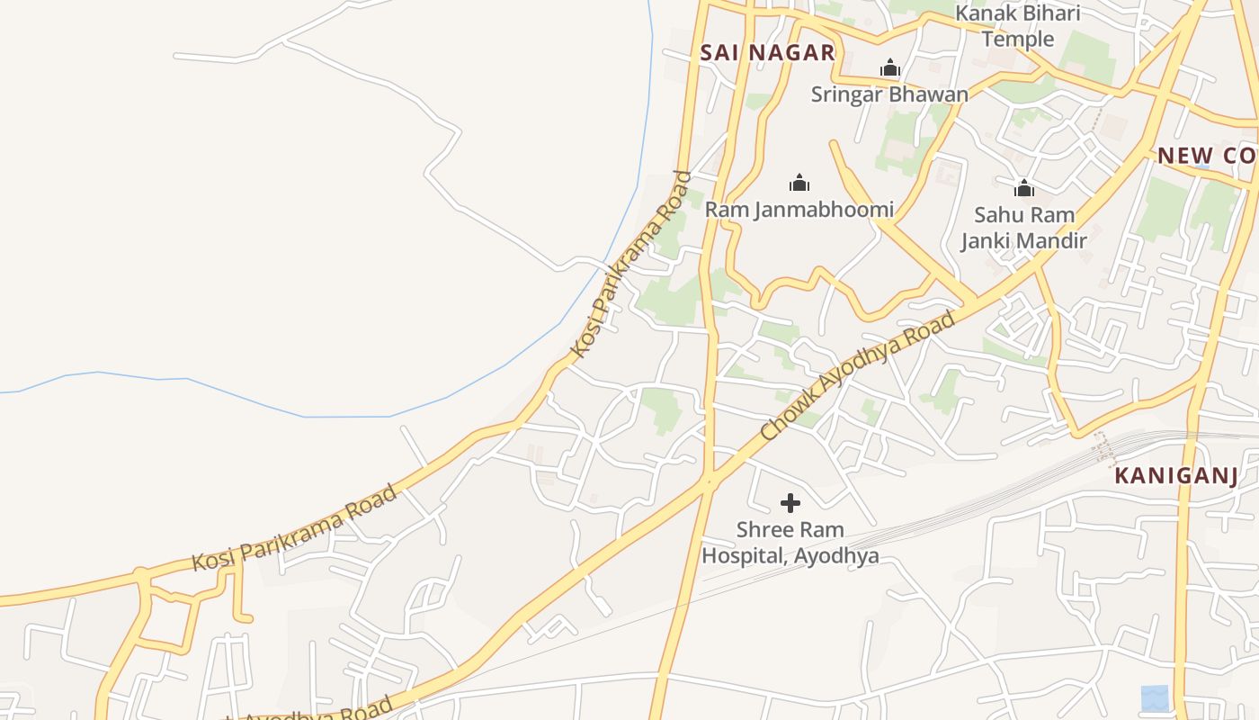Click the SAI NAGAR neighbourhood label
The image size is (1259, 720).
point(767,53)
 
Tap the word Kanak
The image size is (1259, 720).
point(985,13)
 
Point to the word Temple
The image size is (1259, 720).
point(1018,39)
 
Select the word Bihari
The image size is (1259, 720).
point(1051,13)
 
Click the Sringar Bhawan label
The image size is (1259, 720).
point(889,94)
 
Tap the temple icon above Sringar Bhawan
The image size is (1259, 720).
point(890,68)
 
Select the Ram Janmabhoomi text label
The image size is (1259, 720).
point(799,210)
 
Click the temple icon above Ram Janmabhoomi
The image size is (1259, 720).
point(799,184)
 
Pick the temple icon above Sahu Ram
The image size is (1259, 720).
point(1024,188)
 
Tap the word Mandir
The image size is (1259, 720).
point(1056,241)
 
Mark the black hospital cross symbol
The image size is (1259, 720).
point(790,503)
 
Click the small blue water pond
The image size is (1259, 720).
point(1155,697)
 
